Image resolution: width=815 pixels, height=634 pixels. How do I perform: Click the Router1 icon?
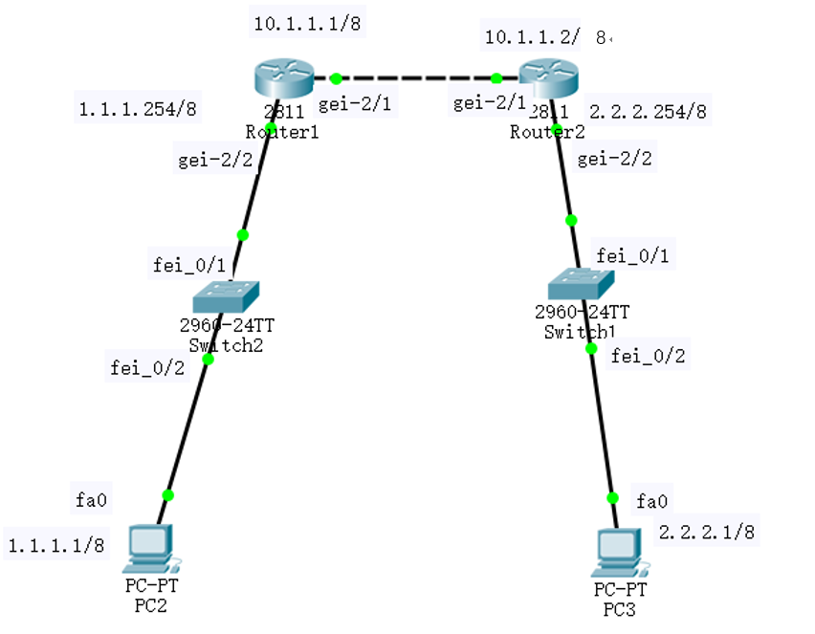point(284,76)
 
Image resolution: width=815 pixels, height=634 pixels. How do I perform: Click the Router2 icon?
point(546,76)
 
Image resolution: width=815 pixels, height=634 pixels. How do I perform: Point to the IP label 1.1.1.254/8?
point(137,109)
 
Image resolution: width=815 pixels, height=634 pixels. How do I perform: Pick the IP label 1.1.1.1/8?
point(56,546)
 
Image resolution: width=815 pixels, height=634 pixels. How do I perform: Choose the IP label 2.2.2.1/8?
point(708,532)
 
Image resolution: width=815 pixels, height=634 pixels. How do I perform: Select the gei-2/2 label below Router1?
point(215,160)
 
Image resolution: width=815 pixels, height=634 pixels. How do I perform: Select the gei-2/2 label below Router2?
point(615,159)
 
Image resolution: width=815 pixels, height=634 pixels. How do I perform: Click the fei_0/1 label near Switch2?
point(188,262)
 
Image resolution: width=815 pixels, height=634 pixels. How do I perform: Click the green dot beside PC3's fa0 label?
point(613,498)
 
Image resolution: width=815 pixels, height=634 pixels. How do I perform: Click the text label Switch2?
point(227,344)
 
